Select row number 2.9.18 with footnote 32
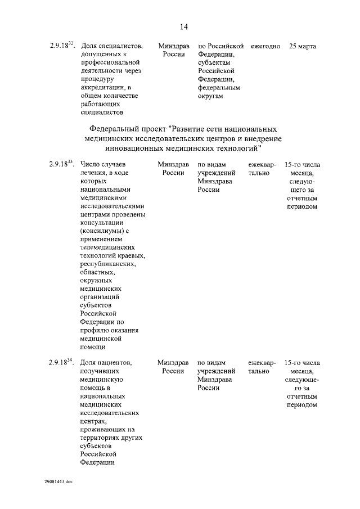click(61, 46)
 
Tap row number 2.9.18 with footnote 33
click(61, 164)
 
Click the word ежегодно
click(265, 46)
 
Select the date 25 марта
click(302, 46)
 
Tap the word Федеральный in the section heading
click(123, 129)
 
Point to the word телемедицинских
click(108, 247)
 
